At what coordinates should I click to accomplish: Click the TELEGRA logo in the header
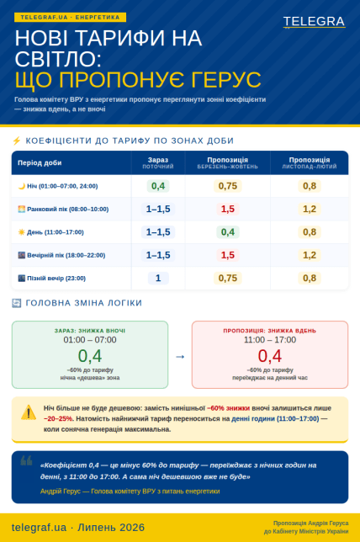pyautogui.click(x=314, y=21)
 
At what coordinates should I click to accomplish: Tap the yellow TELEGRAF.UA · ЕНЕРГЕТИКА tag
pyautogui.click(x=70, y=18)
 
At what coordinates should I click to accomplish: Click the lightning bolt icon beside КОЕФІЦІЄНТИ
pyautogui.click(x=17, y=141)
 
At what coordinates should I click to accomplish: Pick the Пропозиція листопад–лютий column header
pyautogui.click(x=310, y=162)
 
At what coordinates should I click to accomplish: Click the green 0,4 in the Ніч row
pyautogui.click(x=158, y=186)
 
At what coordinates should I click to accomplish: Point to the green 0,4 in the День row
pyautogui.click(x=228, y=232)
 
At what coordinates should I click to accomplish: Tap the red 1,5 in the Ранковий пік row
pyautogui.click(x=228, y=209)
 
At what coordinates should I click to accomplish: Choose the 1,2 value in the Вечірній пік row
pyautogui.click(x=310, y=255)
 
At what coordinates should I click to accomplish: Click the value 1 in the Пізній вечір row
pyautogui.click(x=158, y=278)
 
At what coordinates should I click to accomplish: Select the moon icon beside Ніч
pyautogui.click(x=22, y=186)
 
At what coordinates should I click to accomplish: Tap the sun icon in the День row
pyautogui.click(x=21, y=232)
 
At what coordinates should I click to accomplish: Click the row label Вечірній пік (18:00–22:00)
pyautogui.click(x=66, y=255)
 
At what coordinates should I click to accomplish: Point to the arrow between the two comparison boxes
pyautogui.click(x=180, y=356)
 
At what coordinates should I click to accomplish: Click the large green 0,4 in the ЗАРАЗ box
pyautogui.click(x=90, y=356)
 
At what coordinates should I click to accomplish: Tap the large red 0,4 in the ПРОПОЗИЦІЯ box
pyautogui.click(x=270, y=356)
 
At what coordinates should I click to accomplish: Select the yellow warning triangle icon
pyautogui.click(x=29, y=412)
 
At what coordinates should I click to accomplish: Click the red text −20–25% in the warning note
pyautogui.click(x=58, y=418)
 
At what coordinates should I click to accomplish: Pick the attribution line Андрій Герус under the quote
pyautogui.click(x=130, y=492)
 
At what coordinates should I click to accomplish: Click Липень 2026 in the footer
pyautogui.click(x=111, y=528)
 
